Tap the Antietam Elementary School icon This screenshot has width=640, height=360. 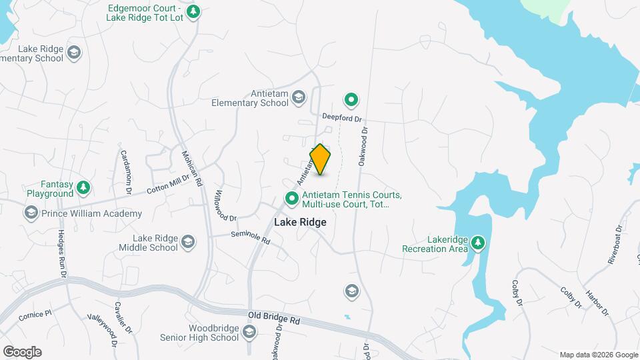click(299, 99)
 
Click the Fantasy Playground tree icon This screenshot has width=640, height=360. click(83, 187)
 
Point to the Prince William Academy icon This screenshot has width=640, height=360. click(31, 213)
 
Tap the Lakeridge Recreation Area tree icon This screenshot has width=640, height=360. click(477, 243)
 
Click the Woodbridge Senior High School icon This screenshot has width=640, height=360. click(249, 332)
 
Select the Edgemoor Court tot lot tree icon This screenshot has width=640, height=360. click(193, 11)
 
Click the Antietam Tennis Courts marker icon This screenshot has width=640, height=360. click(291, 198)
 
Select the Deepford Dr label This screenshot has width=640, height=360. click(341, 117)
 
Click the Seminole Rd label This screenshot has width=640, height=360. click(250, 237)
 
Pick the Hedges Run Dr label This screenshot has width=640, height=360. click(62, 254)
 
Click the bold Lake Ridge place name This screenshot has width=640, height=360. click(300, 222)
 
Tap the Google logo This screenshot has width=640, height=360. click(22, 352)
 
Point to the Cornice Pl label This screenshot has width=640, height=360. click(35, 314)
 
